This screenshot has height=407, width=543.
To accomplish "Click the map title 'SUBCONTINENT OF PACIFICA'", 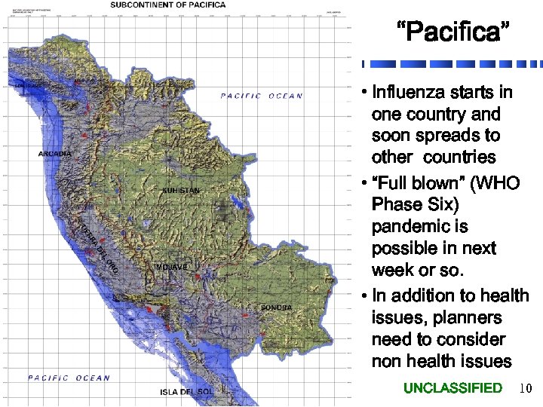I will pyautogui.click(x=168, y=5).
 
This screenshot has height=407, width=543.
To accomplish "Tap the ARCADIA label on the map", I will pyautogui.click(x=55, y=154).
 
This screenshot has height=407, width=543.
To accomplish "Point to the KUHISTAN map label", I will pyautogui.click(x=181, y=191).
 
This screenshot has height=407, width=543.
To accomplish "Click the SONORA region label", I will pyautogui.click(x=276, y=308).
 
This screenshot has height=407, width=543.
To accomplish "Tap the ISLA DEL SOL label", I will pyautogui.click(x=186, y=392).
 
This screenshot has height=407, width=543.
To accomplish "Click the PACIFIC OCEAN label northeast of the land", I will pyautogui.click(x=262, y=96).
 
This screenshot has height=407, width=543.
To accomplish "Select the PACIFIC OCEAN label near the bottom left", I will pyautogui.click(x=69, y=378).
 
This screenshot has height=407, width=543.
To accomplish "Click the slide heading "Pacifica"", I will pyautogui.click(x=453, y=33).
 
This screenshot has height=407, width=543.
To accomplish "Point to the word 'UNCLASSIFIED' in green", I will pyautogui.click(x=452, y=388).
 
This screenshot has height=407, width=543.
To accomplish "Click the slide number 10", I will pyautogui.click(x=526, y=389).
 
